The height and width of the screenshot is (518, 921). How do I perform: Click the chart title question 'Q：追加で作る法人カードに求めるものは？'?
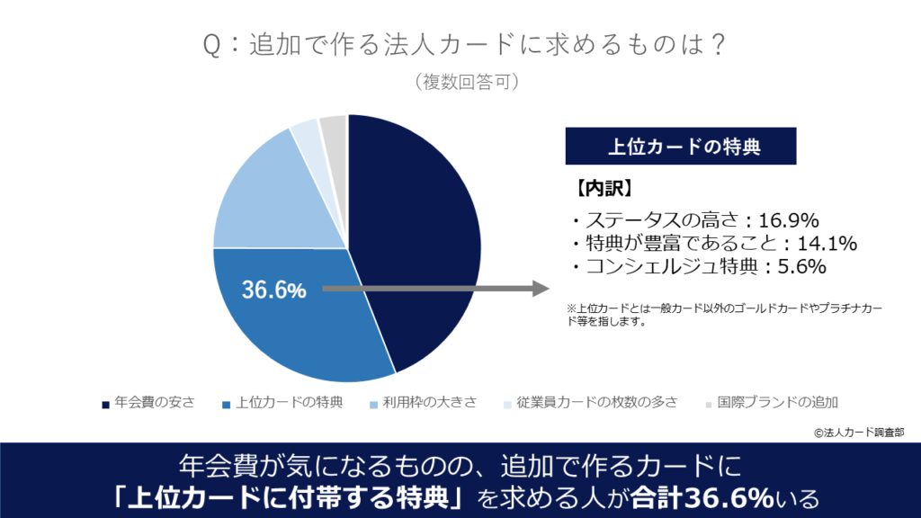click(460, 46)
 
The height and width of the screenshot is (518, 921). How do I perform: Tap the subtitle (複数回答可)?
click(460, 82)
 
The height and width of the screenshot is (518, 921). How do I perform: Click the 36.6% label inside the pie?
click(274, 290)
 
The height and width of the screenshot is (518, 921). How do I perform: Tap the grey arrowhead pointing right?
click(539, 289)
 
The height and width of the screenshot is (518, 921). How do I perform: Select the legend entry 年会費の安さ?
click(149, 402)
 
